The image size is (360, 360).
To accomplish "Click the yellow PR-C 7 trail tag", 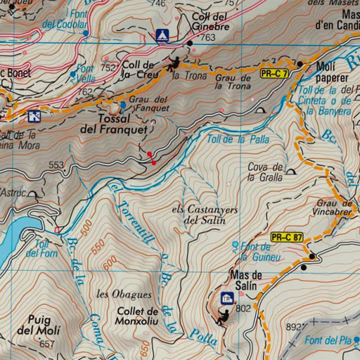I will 274,73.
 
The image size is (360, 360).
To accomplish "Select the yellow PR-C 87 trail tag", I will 287,237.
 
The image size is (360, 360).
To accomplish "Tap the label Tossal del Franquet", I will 114,124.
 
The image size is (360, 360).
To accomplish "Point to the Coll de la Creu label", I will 140,69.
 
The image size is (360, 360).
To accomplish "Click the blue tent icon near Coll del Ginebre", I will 162,34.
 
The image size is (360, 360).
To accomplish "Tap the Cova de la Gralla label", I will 265,172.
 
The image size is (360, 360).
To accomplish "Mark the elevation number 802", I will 244,308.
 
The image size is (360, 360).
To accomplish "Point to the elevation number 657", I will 47,344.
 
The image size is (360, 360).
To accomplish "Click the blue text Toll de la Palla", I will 238,139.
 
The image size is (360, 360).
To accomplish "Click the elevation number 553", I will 56,165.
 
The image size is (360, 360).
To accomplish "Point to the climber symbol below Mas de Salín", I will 223,317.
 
